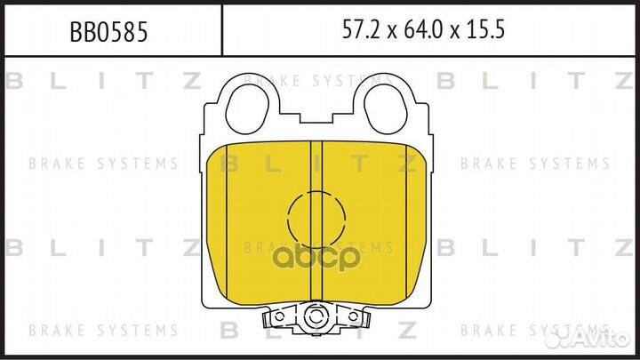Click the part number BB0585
[108, 32]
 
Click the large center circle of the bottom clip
[313, 318]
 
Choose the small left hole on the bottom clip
[278, 316]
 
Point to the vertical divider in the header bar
[222, 31]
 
